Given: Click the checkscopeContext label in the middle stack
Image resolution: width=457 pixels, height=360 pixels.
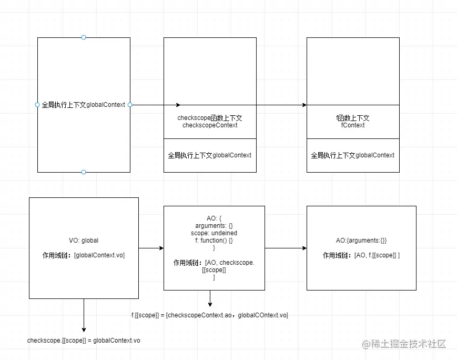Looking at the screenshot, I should (x=210, y=122).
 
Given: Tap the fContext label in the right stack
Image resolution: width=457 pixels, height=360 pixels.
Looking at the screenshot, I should (x=353, y=122).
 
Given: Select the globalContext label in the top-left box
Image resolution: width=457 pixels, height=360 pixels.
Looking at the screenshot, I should (x=83, y=105).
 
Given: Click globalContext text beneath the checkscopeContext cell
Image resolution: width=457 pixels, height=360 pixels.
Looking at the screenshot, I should (x=210, y=155).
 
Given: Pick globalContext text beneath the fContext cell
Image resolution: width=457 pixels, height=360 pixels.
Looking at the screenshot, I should (x=353, y=155).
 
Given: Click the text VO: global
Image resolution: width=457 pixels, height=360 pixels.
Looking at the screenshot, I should (x=84, y=241).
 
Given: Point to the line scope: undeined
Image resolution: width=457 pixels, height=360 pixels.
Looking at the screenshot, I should (x=214, y=233).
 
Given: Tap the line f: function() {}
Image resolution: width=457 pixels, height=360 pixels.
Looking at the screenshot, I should (x=214, y=240).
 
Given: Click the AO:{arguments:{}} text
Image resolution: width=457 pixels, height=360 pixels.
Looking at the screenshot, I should (x=361, y=241).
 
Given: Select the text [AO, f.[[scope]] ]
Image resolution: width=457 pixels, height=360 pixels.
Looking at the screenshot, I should (x=377, y=255).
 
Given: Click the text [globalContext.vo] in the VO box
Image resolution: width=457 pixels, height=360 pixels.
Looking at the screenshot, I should (x=99, y=255).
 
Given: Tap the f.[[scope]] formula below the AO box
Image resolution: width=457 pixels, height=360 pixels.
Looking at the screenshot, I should (x=210, y=315).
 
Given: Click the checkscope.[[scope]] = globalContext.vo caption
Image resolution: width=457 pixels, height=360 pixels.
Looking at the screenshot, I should (x=84, y=341).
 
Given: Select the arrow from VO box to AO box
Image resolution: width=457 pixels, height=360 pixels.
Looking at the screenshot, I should (x=151, y=248).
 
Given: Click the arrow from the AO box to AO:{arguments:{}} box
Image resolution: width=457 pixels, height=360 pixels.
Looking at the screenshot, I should (x=286, y=248).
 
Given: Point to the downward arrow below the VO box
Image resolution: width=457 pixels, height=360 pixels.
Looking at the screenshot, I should (x=84, y=316).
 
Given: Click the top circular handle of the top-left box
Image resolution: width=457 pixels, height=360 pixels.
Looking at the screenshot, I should (x=84, y=37).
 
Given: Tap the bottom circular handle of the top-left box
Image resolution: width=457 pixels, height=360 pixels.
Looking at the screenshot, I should (x=84, y=172).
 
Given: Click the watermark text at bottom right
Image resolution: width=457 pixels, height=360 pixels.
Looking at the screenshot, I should (x=403, y=344).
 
